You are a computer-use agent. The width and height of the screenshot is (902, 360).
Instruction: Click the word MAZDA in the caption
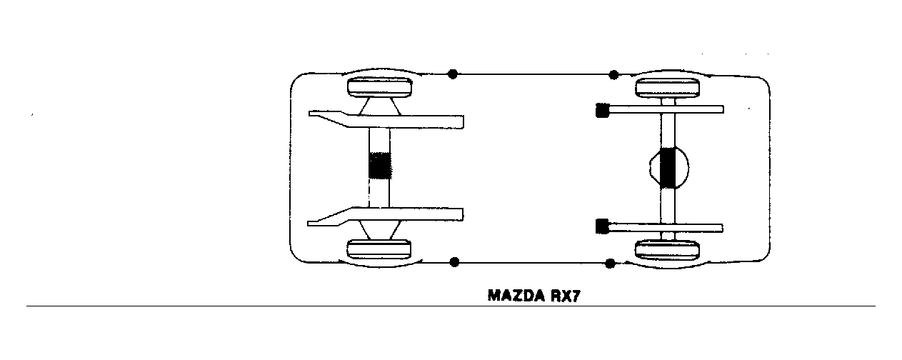click(x=516, y=296)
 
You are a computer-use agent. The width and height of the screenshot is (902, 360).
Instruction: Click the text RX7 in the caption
click(x=566, y=296)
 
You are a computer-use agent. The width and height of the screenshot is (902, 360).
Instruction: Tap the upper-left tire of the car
click(x=380, y=87)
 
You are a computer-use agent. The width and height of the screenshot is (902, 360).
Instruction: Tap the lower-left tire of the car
click(x=379, y=250)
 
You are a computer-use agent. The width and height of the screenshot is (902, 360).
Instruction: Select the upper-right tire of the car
click(x=667, y=88)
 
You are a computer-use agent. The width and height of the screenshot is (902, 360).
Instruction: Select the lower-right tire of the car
click(x=667, y=250)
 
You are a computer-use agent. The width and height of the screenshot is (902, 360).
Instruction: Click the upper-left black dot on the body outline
click(x=453, y=74)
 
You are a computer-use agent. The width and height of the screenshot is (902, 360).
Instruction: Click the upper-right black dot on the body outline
click(x=613, y=74)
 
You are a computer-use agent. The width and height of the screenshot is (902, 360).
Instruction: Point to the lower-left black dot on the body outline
click(x=454, y=262)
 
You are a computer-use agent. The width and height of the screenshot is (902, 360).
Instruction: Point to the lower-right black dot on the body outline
click(x=611, y=264)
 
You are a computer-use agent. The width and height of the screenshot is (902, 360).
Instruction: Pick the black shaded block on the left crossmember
click(x=380, y=166)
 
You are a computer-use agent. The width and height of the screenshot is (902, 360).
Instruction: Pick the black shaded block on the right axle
click(x=668, y=168)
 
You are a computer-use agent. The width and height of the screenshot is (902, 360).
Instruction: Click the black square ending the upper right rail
click(x=601, y=110)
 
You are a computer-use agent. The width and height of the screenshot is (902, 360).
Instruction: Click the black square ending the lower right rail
click(x=601, y=226)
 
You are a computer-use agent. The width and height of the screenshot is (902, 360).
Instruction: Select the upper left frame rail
click(x=386, y=120)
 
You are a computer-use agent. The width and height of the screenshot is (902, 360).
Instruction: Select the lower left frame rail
click(x=386, y=216)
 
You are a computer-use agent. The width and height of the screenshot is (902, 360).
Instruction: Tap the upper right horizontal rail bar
click(x=666, y=109)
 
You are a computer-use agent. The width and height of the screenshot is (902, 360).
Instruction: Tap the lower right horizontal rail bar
click(x=666, y=229)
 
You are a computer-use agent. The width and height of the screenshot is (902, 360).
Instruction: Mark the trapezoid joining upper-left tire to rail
click(x=379, y=106)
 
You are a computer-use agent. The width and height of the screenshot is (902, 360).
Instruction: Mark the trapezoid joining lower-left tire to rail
click(x=379, y=230)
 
